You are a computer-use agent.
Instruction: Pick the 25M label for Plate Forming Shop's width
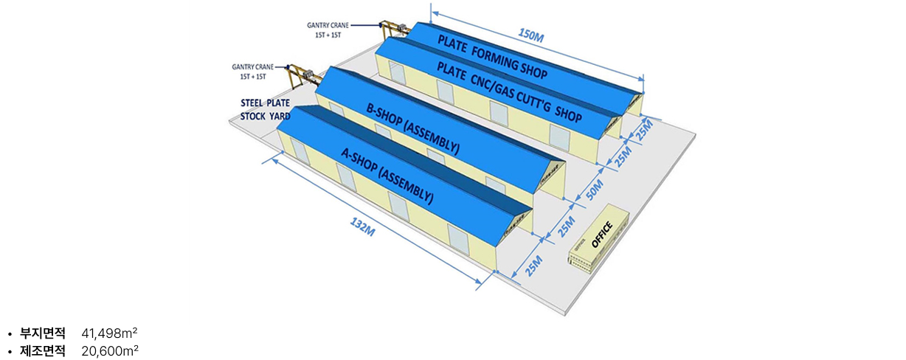644,131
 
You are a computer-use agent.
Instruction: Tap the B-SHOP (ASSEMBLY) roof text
412,128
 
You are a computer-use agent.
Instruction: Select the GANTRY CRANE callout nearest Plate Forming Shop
330,29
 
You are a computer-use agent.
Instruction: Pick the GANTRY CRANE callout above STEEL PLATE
254,71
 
